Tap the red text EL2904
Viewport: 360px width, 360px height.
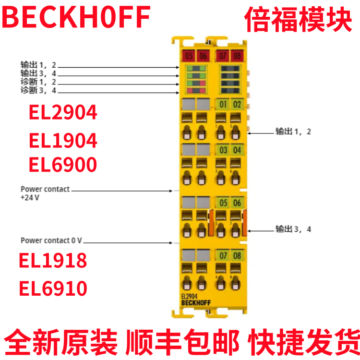click(63, 113)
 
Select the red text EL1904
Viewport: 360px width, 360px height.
click(63, 141)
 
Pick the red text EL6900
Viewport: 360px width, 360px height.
click(63, 165)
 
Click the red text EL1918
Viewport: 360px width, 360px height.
click(53, 260)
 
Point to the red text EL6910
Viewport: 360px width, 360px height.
click(53, 289)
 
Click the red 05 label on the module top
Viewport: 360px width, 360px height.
click(189, 56)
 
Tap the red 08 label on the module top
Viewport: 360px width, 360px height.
click(237, 56)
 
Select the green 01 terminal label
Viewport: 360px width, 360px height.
click(223, 104)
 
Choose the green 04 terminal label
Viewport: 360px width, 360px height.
click(237, 150)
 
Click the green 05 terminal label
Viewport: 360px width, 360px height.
click(223, 203)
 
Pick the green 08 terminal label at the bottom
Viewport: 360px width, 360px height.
click(237, 255)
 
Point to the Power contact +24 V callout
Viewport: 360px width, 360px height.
click(45, 193)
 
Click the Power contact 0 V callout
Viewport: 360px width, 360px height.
click(51, 240)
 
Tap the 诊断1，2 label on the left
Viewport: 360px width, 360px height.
click(38, 82)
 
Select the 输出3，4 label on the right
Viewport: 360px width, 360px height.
click(293, 229)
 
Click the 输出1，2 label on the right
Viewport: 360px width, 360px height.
click(293, 131)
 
